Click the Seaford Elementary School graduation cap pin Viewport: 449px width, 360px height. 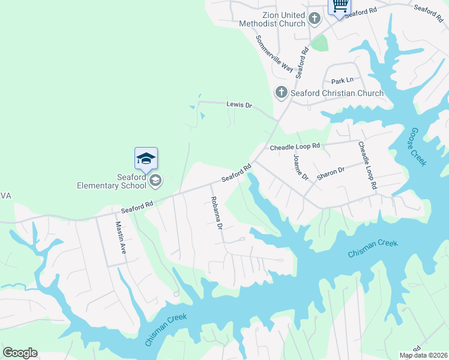tap(146, 159)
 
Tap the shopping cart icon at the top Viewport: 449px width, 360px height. tap(339, 6)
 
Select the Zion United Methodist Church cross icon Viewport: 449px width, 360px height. tap(314, 19)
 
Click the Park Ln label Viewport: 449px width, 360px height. tap(343, 80)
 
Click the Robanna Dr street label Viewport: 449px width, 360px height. tap(216, 214)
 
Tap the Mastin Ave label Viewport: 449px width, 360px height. tap(119, 238)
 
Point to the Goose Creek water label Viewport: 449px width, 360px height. tap(418, 147)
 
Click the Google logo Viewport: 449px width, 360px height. tap(20, 353)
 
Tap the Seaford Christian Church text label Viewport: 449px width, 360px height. tap(337, 93)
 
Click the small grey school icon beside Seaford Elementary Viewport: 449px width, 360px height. tap(155, 179)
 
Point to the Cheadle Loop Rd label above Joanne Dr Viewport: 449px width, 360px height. tap(295, 146)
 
